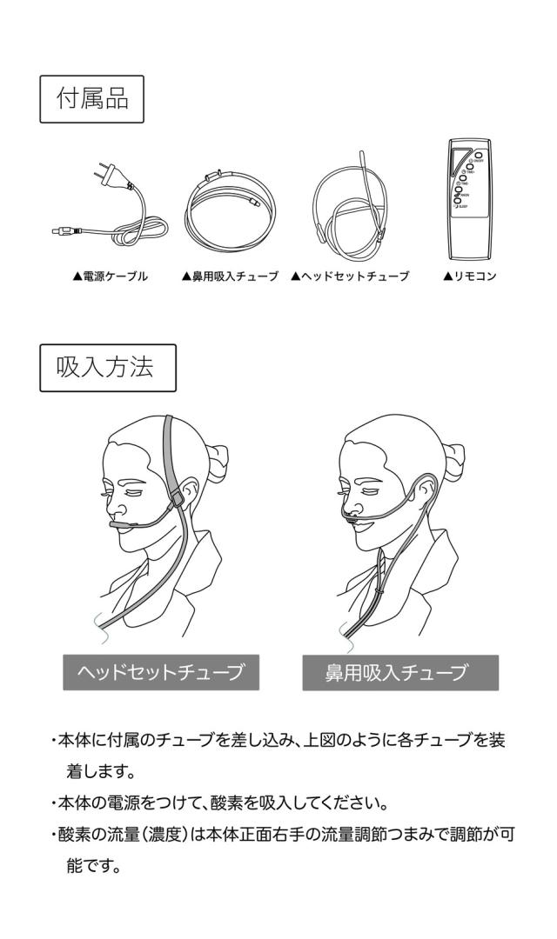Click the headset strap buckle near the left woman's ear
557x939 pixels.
click(x=176, y=501)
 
